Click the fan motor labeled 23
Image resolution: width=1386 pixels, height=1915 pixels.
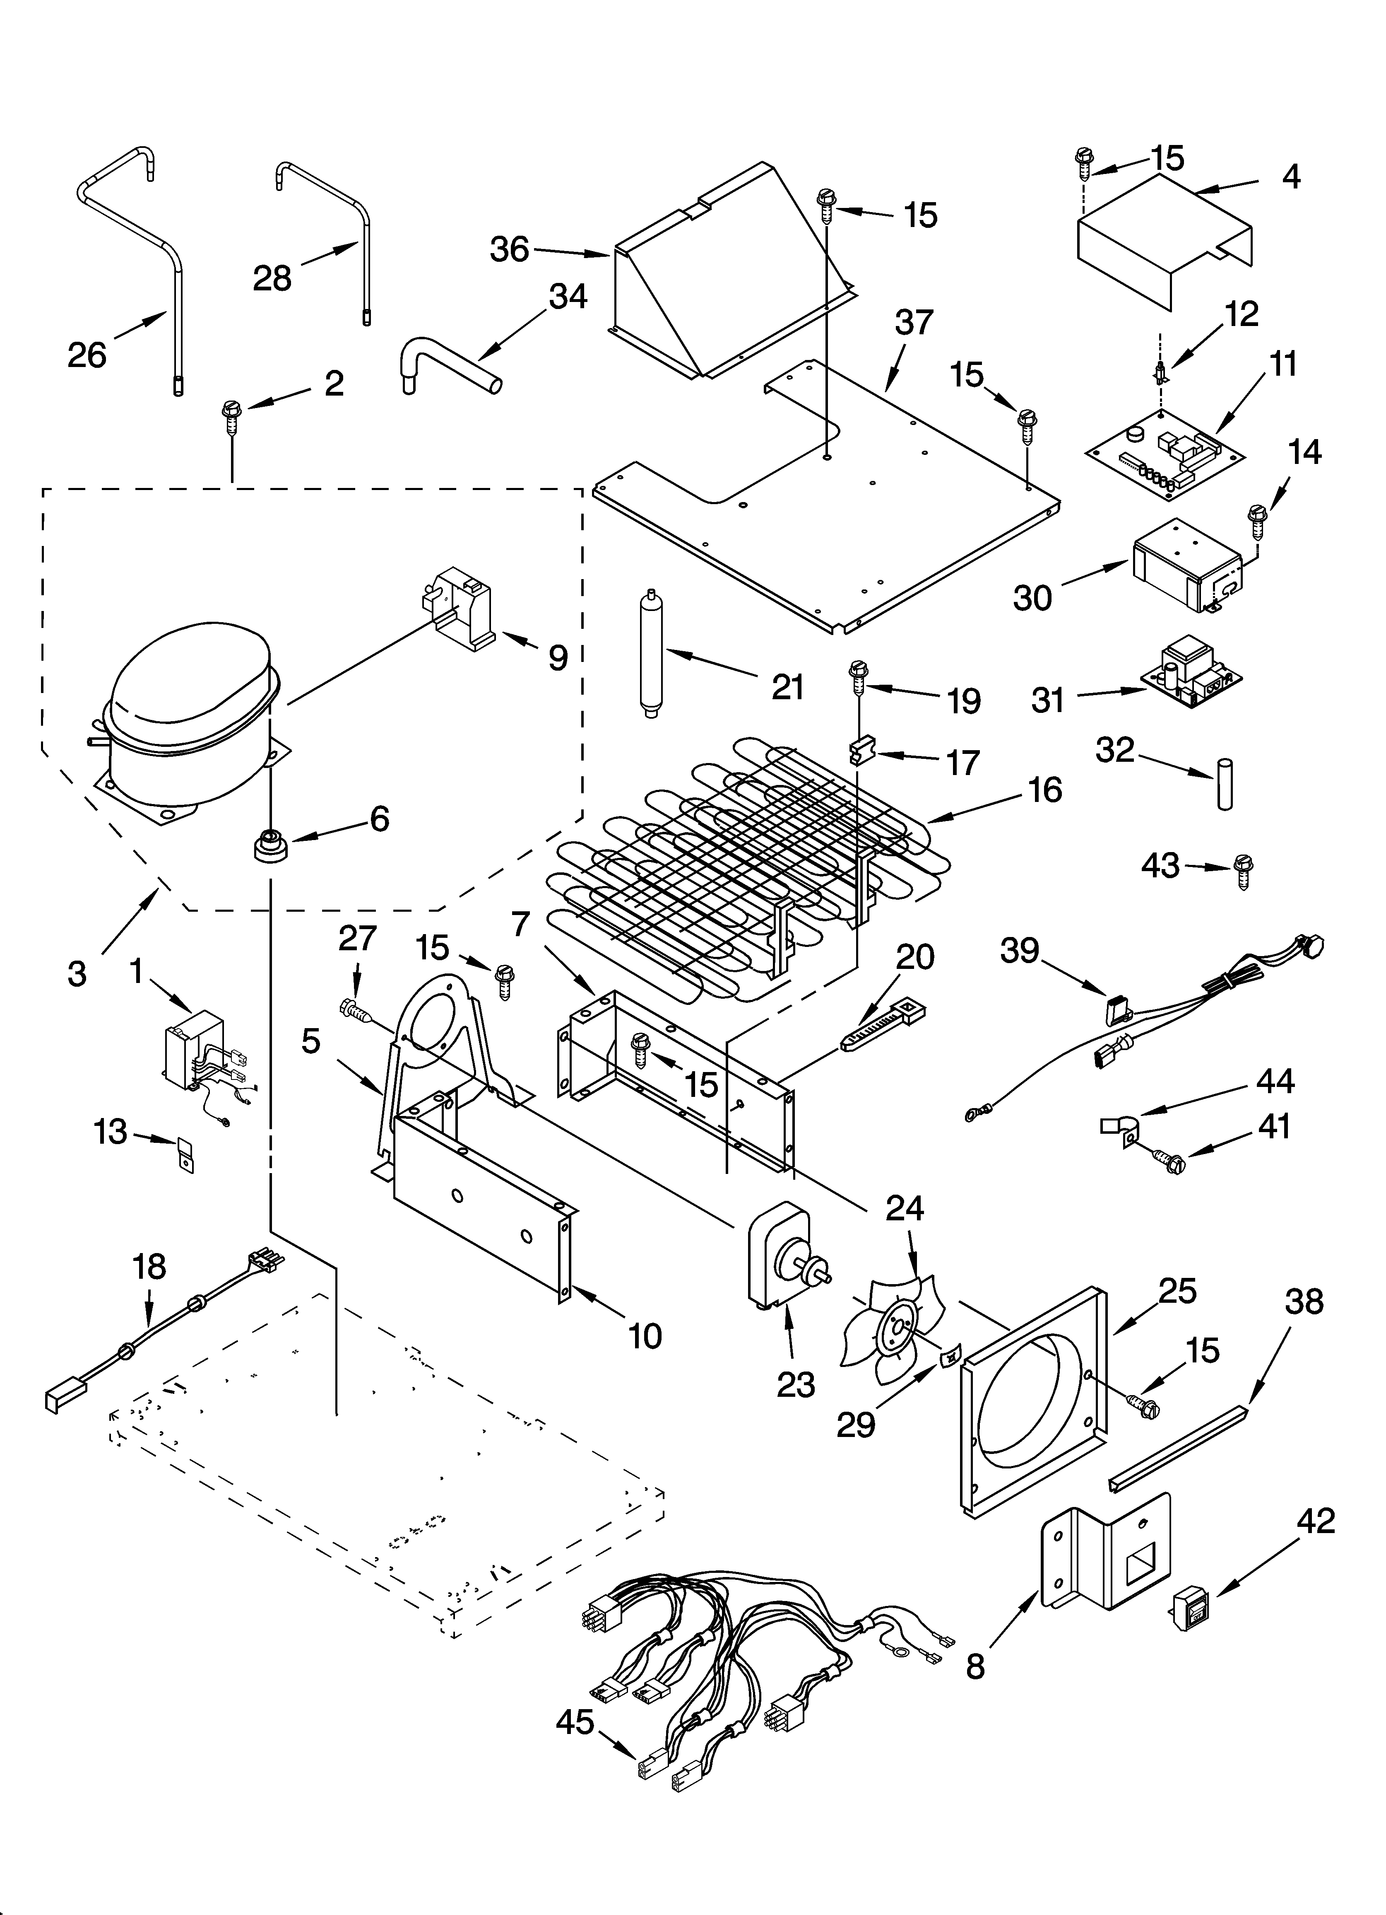tap(781, 1264)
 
